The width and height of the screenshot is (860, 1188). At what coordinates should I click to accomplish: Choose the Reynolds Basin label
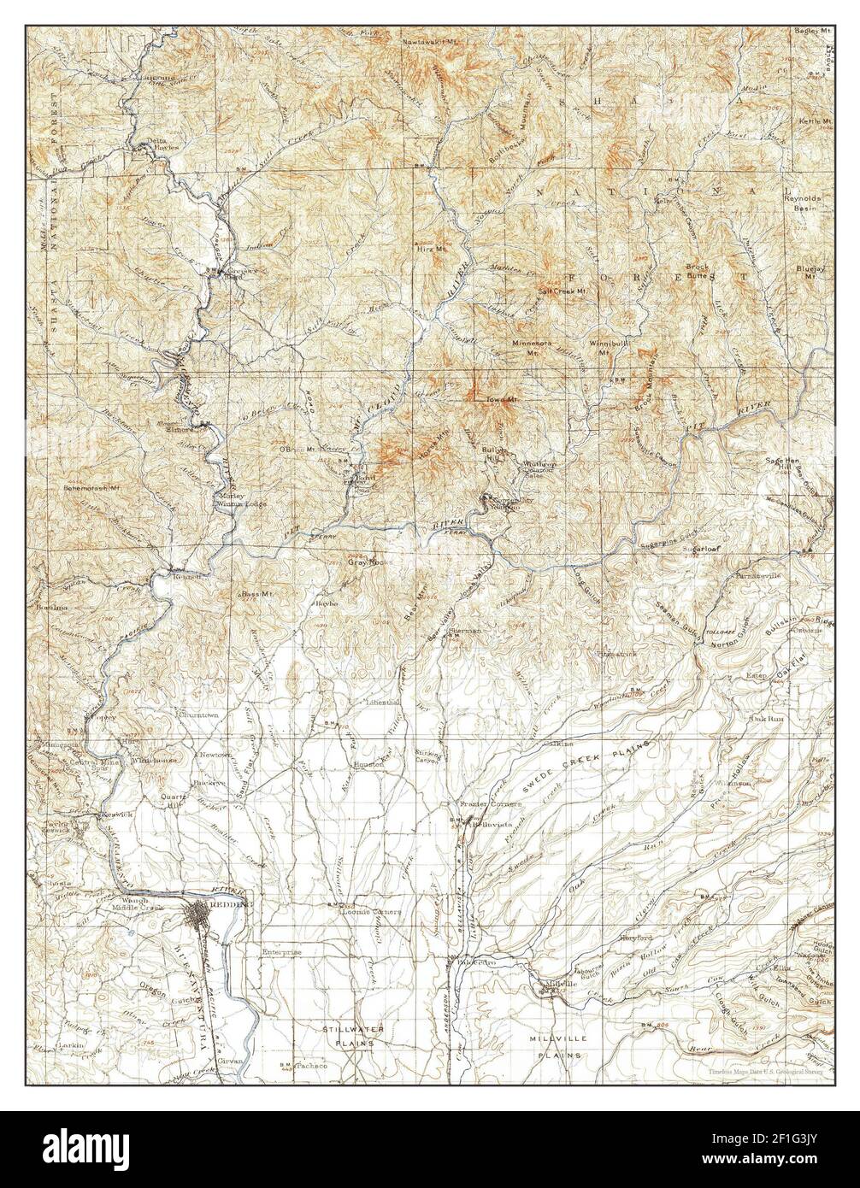804,203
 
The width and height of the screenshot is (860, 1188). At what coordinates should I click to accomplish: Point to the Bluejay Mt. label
810,269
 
